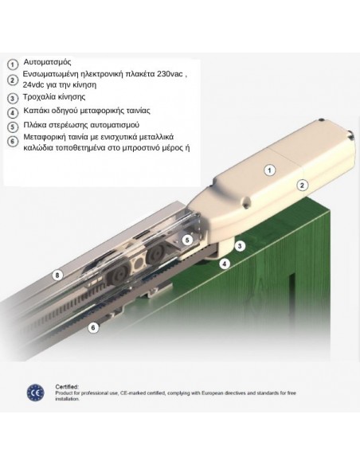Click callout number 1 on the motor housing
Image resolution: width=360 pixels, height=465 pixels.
269,170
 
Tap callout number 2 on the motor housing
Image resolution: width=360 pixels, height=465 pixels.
302,186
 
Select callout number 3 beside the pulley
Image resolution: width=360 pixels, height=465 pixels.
240,246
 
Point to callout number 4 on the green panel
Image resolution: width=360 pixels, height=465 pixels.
225,264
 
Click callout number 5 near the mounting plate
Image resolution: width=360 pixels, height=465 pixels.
187,240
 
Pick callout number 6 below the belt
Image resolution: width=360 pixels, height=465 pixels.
93,328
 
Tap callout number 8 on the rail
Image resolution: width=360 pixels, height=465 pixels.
57,275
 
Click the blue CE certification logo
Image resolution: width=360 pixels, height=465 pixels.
35,393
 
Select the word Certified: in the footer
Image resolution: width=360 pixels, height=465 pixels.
67,387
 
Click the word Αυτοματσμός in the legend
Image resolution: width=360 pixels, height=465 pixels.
48,62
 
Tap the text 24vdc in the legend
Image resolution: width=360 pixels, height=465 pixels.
33,84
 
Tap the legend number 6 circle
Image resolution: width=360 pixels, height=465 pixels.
12,141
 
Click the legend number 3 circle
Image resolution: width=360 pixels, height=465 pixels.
12,98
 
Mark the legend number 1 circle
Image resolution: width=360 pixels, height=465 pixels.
12,64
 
